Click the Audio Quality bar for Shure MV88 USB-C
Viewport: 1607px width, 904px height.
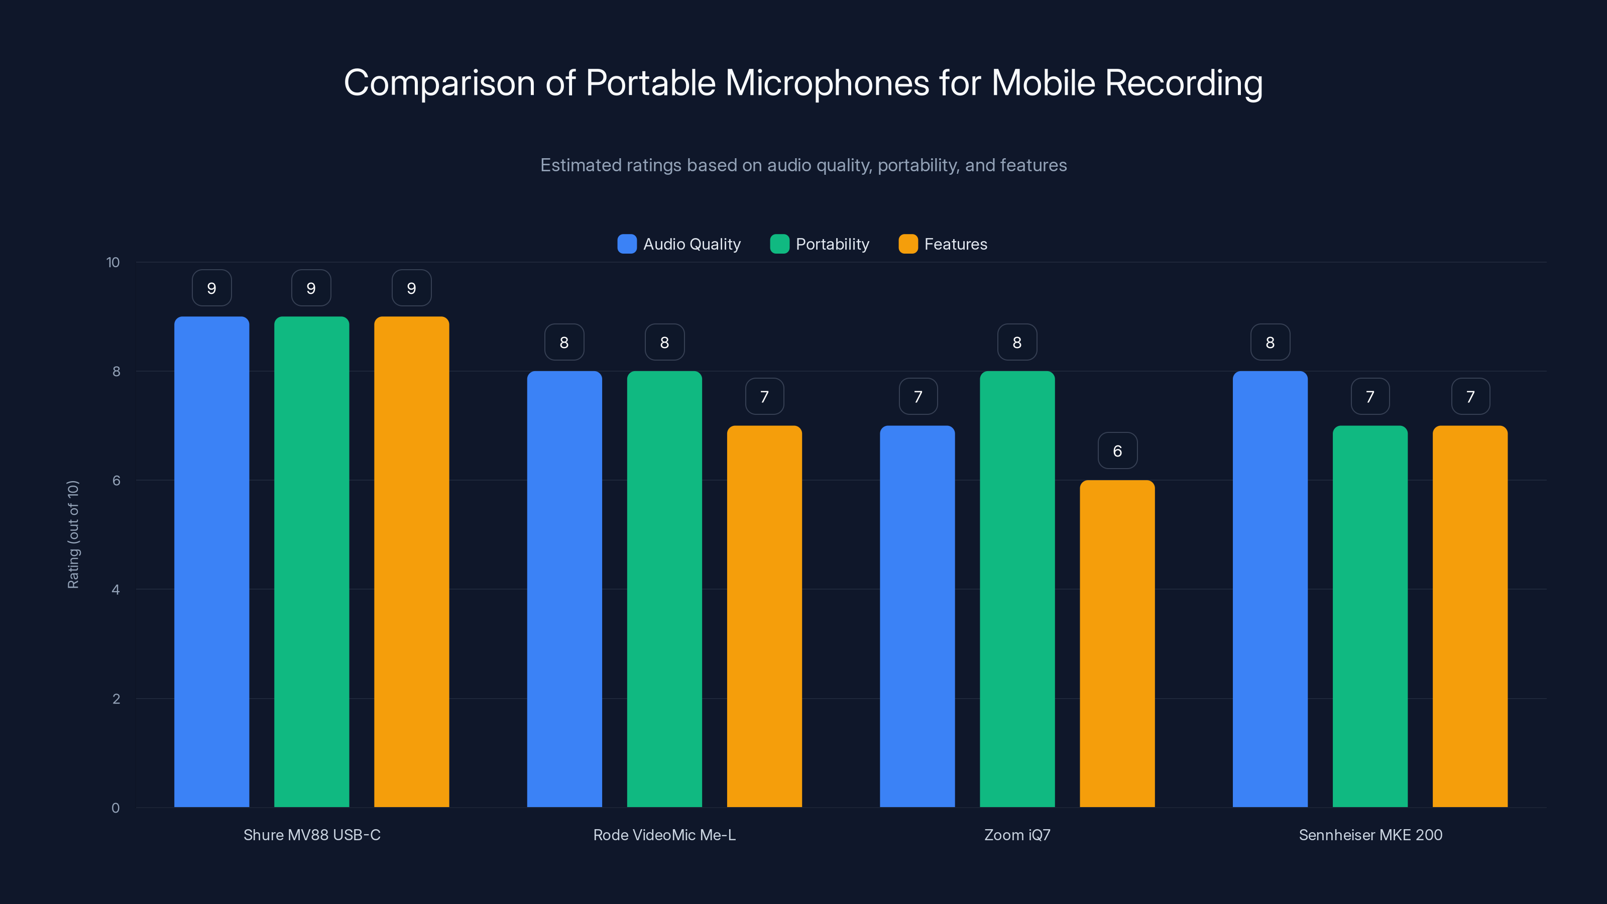coord(211,561)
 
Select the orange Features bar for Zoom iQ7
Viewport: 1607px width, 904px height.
coord(1117,643)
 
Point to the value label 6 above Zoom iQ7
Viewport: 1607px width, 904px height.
coord(1117,450)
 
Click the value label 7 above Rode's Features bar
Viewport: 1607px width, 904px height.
coord(764,396)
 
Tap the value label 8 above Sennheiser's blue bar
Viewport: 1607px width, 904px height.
coord(1270,342)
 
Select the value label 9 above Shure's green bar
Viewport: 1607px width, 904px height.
coord(311,288)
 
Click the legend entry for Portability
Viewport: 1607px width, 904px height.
coord(820,244)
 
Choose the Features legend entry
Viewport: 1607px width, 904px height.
coord(943,244)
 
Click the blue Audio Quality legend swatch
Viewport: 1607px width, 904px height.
coord(627,244)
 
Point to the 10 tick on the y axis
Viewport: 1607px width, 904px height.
coord(113,262)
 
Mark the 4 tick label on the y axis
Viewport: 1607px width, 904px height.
coord(116,590)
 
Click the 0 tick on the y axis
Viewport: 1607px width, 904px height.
coord(116,808)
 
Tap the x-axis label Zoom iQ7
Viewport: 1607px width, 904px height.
coord(1017,835)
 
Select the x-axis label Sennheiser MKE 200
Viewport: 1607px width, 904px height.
coord(1370,835)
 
